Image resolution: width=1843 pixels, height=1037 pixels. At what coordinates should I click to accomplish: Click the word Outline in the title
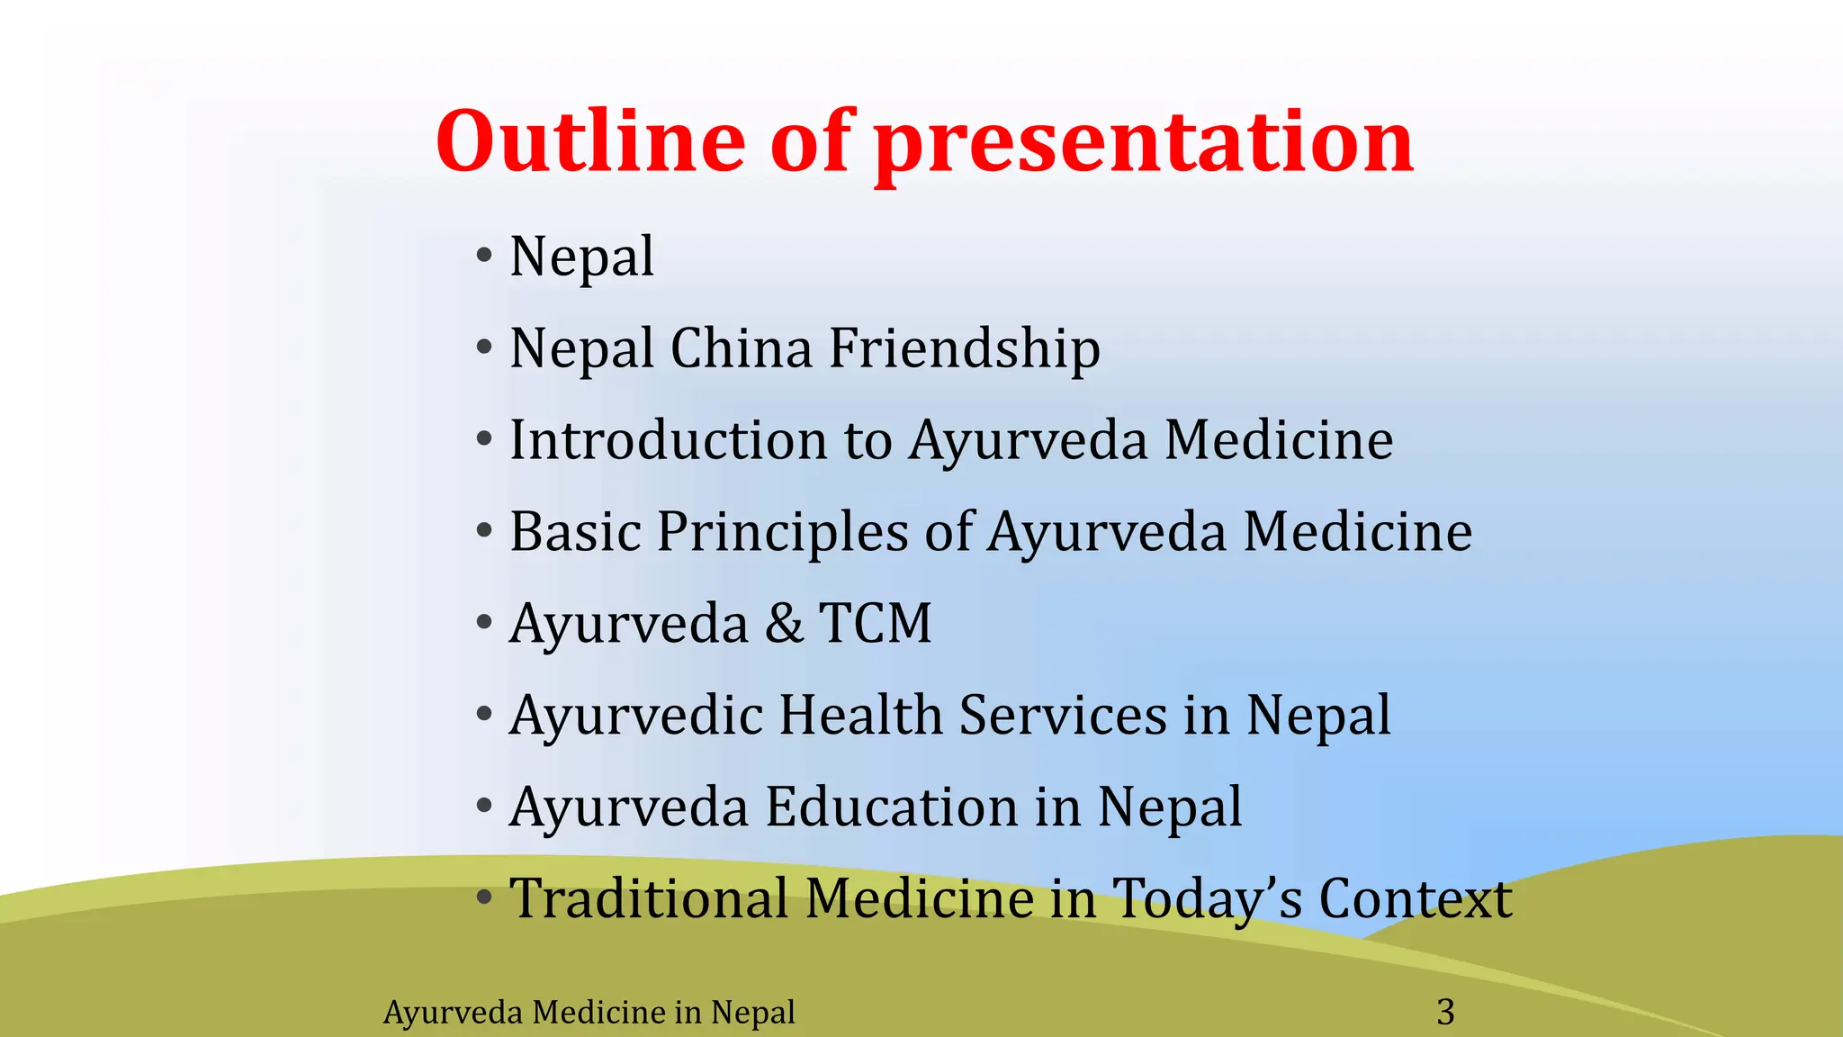590,141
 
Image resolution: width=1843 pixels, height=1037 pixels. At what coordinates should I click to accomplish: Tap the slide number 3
1445,1013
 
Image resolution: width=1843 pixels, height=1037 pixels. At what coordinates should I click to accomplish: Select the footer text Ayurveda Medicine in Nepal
589,1013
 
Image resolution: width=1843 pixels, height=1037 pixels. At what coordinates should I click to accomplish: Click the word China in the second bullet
741,348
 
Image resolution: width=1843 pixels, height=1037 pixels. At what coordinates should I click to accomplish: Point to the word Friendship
964,350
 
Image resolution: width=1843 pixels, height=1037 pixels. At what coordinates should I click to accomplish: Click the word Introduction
668,440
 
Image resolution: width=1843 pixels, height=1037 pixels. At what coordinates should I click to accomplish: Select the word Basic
574,532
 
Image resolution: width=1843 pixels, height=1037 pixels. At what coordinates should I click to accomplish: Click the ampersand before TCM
784,624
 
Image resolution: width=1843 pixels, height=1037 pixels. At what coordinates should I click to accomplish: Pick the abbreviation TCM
875,624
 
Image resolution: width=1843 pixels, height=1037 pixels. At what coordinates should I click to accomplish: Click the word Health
859,716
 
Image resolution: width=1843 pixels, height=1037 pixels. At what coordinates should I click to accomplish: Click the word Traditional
648,899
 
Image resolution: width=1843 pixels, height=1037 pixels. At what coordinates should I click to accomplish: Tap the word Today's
1206,901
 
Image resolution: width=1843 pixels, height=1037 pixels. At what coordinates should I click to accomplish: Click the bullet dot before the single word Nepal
484,257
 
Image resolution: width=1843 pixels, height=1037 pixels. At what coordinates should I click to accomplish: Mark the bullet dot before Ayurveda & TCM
484,623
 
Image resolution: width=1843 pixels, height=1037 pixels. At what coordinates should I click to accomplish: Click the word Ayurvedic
635,717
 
